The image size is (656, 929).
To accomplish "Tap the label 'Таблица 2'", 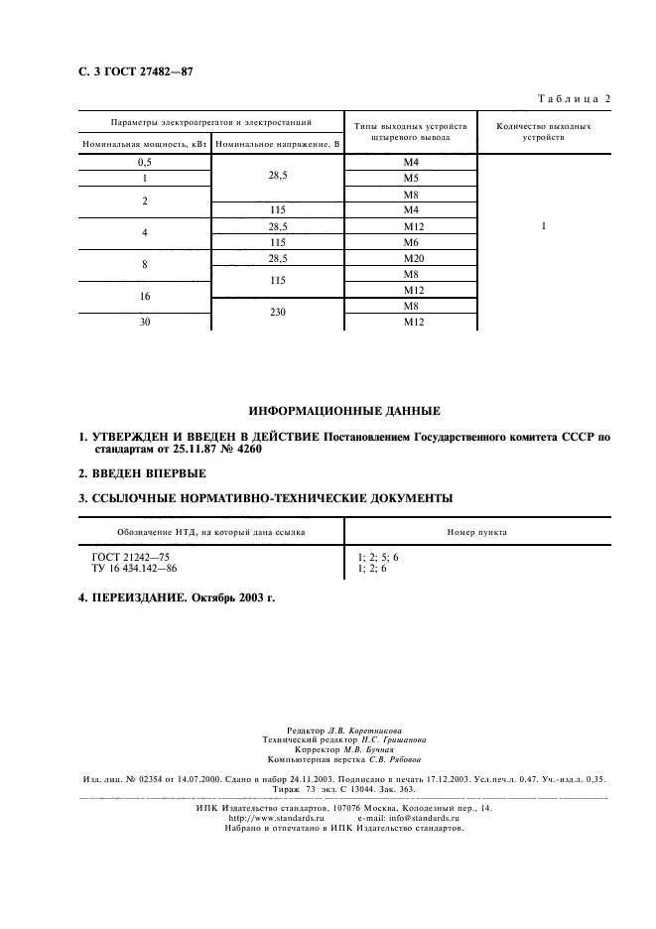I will click(x=575, y=97).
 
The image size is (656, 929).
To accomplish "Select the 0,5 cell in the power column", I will click(x=144, y=162).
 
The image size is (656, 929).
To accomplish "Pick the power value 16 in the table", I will click(x=144, y=297).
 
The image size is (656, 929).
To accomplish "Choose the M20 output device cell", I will click(x=411, y=258).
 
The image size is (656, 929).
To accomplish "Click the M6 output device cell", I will click(x=411, y=242).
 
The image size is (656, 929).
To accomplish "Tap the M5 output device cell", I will click(x=411, y=179).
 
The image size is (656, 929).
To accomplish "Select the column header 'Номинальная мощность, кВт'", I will click(x=144, y=145).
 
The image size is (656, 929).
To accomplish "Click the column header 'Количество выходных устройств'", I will click(x=543, y=133).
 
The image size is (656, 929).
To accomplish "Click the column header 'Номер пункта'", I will click(x=479, y=532).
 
